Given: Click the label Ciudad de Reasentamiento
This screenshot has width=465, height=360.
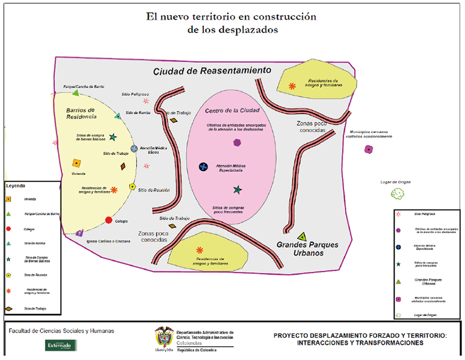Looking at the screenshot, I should (x=212, y=71).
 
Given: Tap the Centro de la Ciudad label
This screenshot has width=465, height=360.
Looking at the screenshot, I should (x=232, y=110).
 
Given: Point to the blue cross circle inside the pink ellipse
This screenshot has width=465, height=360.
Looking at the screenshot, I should (x=203, y=167).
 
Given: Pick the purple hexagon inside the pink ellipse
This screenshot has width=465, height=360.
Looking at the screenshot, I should (x=237, y=142).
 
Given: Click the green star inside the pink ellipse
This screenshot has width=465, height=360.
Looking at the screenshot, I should (x=237, y=190).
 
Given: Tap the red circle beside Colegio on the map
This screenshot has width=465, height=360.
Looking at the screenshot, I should (x=109, y=220).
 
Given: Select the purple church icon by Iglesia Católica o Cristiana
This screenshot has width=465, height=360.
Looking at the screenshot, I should (x=80, y=233).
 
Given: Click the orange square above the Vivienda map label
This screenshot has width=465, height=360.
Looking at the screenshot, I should (x=76, y=164).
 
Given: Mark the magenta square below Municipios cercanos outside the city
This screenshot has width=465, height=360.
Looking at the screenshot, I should (x=369, y=149).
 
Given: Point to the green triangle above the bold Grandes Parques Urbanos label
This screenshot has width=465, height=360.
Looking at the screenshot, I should (x=302, y=236).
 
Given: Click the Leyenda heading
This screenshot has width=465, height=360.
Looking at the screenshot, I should (x=16, y=186).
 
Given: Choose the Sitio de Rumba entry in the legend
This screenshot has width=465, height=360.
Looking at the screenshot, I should (x=35, y=243).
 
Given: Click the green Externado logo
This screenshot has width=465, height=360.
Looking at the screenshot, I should (x=61, y=345).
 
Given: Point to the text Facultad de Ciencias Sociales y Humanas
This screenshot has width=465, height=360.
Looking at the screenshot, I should (x=61, y=331).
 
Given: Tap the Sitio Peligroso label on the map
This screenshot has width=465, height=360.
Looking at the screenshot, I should (x=135, y=94).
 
